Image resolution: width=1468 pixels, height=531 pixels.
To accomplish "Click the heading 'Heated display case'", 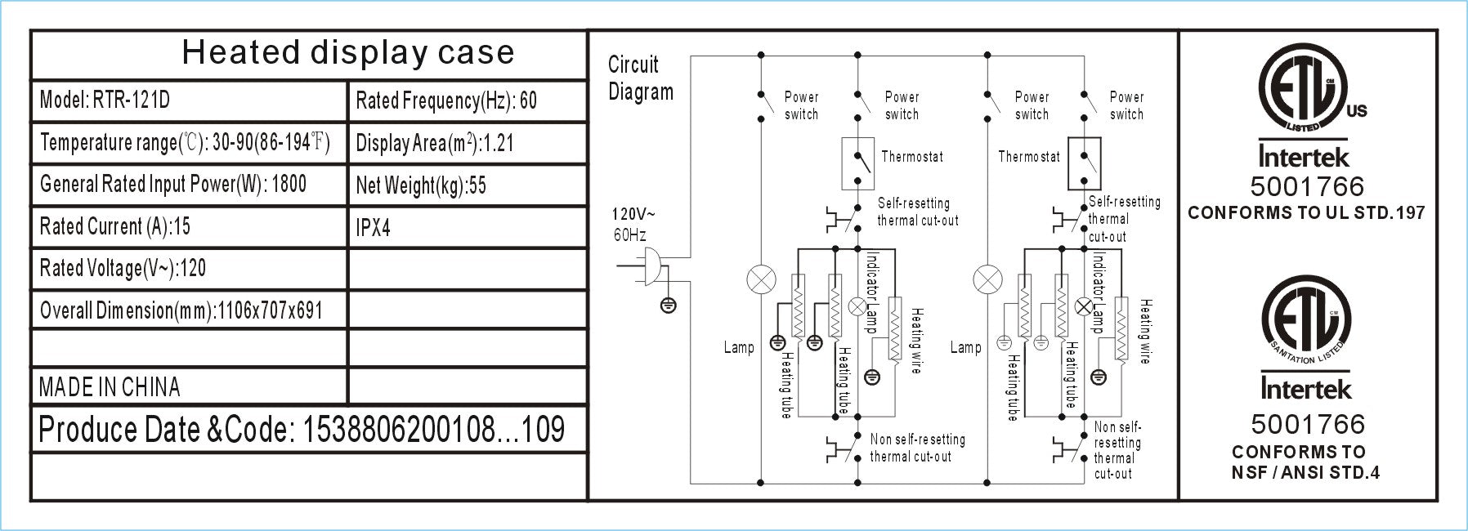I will click(x=348, y=53).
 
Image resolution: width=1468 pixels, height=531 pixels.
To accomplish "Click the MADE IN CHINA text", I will click(x=110, y=387).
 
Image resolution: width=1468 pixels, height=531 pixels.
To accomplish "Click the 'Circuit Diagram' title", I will click(x=641, y=78).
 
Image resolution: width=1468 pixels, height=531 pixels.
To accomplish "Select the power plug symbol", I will click(x=651, y=265).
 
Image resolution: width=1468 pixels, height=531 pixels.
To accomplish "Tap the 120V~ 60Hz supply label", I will click(x=633, y=225).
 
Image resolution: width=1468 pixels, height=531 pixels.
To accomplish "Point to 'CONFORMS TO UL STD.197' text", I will click(x=1306, y=213).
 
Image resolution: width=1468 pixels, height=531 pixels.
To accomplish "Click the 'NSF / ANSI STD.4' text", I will click(x=1305, y=472).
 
